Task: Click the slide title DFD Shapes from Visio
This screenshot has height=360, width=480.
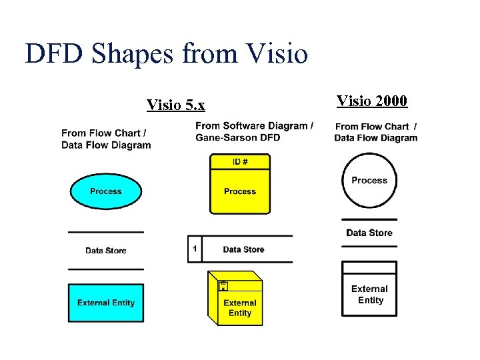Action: click(166, 54)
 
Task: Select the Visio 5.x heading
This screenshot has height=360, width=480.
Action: click(175, 105)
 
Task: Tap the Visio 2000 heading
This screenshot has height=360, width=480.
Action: click(371, 101)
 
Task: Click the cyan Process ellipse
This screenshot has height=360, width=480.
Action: click(105, 191)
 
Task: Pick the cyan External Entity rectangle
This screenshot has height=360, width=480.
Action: click(105, 303)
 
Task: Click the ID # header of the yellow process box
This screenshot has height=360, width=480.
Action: click(240, 161)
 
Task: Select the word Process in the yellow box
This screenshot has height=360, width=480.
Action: click(240, 191)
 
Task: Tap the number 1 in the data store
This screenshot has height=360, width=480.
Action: click(195, 249)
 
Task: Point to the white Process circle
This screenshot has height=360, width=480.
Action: click(369, 181)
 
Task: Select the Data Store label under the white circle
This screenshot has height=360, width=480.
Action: click(369, 233)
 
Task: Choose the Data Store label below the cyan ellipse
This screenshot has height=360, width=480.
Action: click(105, 251)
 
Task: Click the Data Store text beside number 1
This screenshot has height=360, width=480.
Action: click(243, 249)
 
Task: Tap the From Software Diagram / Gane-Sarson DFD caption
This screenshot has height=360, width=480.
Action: click(254, 131)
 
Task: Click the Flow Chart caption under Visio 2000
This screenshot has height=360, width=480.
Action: click(375, 132)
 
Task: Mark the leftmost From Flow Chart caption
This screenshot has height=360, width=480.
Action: click(106, 139)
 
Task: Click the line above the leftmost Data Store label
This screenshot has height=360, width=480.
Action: click(105, 232)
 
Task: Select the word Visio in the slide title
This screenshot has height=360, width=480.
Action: click(277, 54)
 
